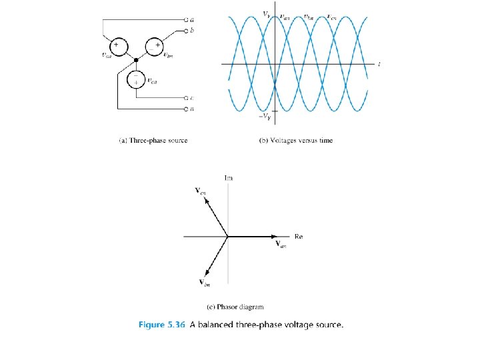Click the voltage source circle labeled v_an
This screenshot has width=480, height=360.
click(x=117, y=47)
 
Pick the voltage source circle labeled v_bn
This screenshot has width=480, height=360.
click(x=154, y=47)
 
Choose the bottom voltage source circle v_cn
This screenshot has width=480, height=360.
click(x=136, y=79)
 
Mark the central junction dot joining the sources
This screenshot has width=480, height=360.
click(x=136, y=58)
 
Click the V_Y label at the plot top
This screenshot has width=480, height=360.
click(x=267, y=13)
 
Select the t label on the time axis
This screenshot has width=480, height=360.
click(x=379, y=64)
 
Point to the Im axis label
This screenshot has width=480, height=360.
click(x=229, y=178)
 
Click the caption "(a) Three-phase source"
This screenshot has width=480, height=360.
click(x=153, y=141)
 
